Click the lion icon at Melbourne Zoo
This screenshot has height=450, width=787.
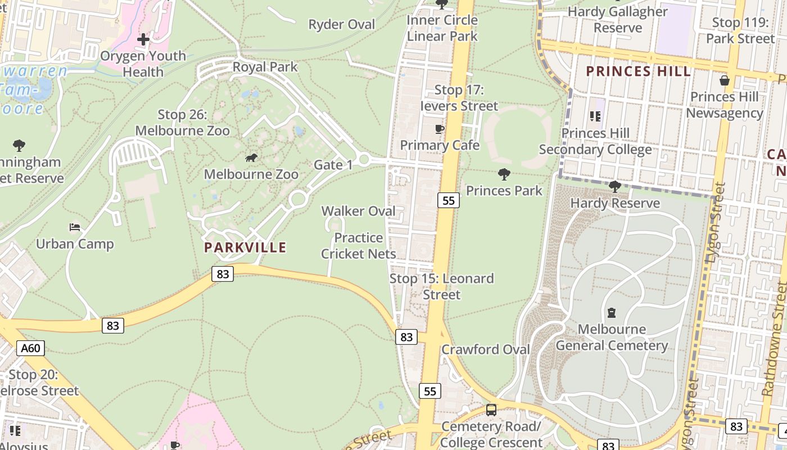click(x=251, y=158)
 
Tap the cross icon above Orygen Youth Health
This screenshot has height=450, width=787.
click(x=143, y=39)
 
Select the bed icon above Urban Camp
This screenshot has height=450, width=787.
click(x=75, y=227)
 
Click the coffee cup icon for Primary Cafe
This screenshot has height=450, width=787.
click(x=440, y=129)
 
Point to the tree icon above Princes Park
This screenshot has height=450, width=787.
click(x=504, y=174)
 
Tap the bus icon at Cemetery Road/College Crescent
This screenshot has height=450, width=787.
click(x=491, y=410)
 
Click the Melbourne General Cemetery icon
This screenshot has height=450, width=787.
click(x=612, y=313)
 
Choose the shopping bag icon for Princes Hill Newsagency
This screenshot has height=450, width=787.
click(x=725, y=80)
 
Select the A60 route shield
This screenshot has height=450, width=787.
click(x=30, y=348)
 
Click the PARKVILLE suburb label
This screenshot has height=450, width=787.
click(x=245, y=247)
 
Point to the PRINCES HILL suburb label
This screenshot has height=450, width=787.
click(x=638, y=71)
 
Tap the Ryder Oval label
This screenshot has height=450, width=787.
click(x=342, y=25)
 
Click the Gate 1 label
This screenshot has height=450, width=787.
click(x=333, y=165)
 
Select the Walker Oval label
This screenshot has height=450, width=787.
click(x=359, y=211)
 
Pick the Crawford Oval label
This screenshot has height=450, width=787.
click(x=486, y=349)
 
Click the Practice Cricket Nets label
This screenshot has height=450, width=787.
click(x=359, y=246)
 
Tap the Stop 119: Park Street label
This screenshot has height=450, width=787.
click(x=740, y=30)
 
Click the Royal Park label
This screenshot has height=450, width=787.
click(x=265, y=67)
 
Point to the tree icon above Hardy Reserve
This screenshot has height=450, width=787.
click(x=615, y=187)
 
